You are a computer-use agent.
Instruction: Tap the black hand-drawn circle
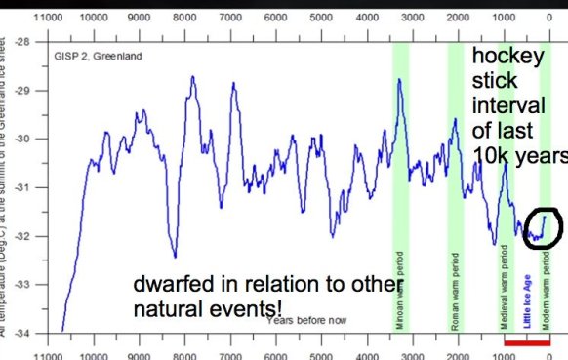point(542,225)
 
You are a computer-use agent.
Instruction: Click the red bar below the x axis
point(531,343)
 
